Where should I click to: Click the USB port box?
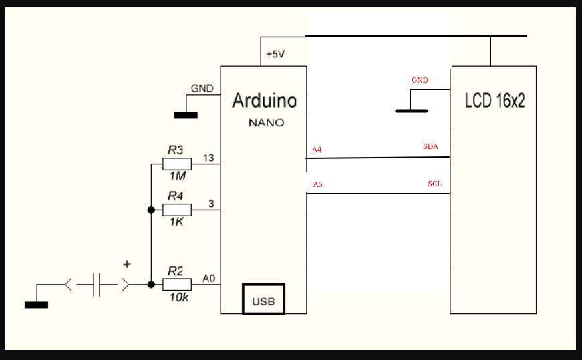tap(263, 300)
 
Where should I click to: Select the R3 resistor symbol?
tap(177, 164)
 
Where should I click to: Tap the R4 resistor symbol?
tap(177, 210)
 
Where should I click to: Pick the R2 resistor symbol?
tap(177, 284)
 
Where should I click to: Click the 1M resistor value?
tap(176, 177)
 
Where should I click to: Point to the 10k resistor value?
tap(178, 297)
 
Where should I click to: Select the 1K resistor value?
tap(176, 222)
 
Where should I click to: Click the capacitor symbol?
tap(97, 285)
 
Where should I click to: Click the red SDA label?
tap(431, 146)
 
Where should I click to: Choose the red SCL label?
tap(434, 184)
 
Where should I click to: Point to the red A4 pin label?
tap(317, 150)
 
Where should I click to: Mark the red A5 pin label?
tap(317, 184)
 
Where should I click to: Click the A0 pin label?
tap(208, 278)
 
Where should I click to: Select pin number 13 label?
tap(208, 158)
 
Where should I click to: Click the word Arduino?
tap(264, 101)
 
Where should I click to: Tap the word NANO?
tap(266, 123)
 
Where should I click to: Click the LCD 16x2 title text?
tap(494, 101)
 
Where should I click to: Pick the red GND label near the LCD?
tap(420, 80)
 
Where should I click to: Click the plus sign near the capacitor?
tap(127, 265)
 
